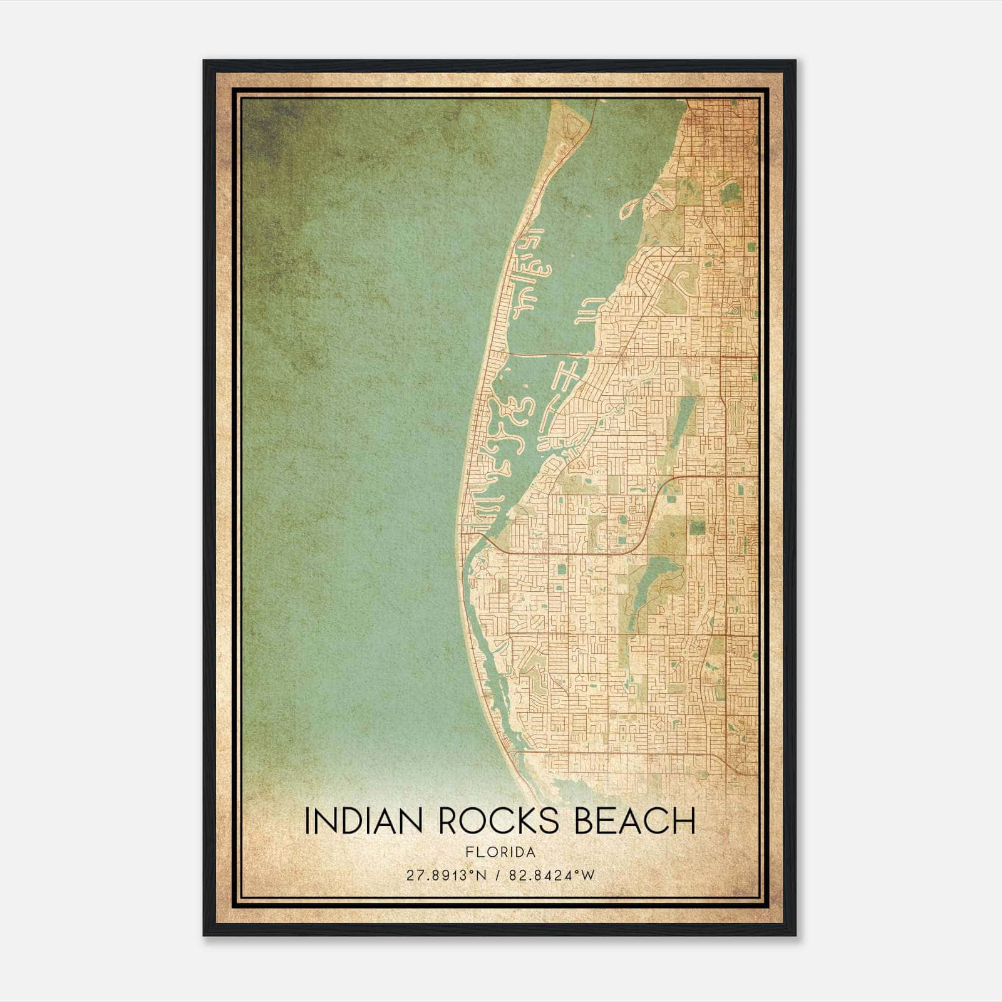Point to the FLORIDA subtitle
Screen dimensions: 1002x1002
coord(500,852)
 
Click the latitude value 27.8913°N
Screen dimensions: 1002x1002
coord(446,875)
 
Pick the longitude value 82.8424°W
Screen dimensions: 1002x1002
coord(552,875)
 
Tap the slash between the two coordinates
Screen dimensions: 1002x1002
coord(498,875)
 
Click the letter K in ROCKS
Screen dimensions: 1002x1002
coord(527,821)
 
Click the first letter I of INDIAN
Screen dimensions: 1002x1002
coord(307,821)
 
